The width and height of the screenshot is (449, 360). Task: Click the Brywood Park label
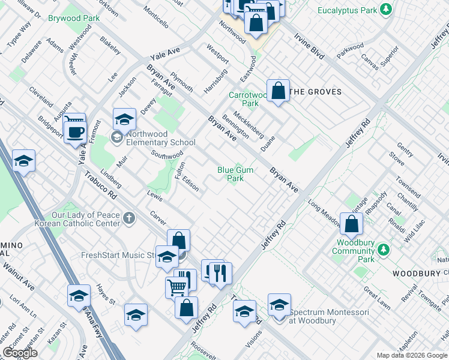pos(74,19)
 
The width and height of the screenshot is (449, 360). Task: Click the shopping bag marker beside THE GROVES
pos(279,91)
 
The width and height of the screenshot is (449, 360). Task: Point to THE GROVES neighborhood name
pos(315,92)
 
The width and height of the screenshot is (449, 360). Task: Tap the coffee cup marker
pos(75,133)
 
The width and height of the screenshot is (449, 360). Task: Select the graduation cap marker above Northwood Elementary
pos(124,119)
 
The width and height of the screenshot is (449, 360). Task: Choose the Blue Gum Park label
pos(235,174)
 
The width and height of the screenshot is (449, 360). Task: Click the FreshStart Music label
pos(118,255)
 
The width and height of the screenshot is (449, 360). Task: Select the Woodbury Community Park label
pos(361,251)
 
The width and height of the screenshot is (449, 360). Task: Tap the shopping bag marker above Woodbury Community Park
pos(352,223)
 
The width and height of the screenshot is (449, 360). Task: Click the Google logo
pos(20,353)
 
